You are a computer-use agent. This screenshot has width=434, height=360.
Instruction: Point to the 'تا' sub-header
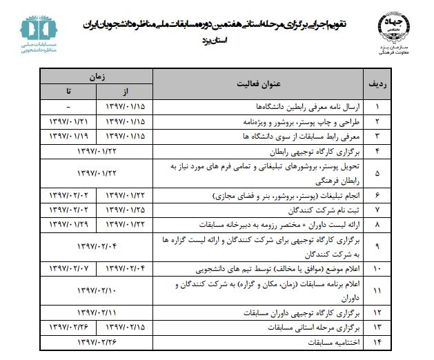tap(68, 92)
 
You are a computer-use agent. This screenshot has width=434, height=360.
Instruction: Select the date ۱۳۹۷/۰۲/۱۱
tap(97, 312)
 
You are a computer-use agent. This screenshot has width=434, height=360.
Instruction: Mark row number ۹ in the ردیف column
tap(377, 245)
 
